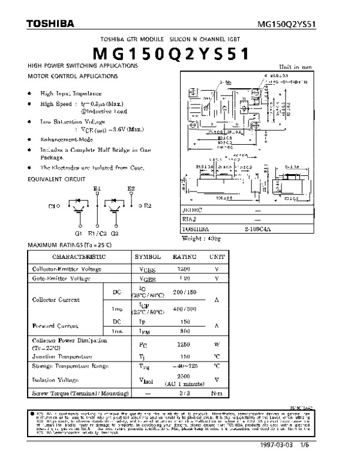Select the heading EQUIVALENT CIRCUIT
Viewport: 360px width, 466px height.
coord(56,179)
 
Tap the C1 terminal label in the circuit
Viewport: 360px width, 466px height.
coord(53,206)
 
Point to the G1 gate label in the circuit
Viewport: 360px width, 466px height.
coord(79,232)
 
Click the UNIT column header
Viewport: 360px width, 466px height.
coord(217,256)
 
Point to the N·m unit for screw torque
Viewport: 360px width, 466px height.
coord(217,393)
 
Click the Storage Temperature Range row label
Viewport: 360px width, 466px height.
coord(70,366)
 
